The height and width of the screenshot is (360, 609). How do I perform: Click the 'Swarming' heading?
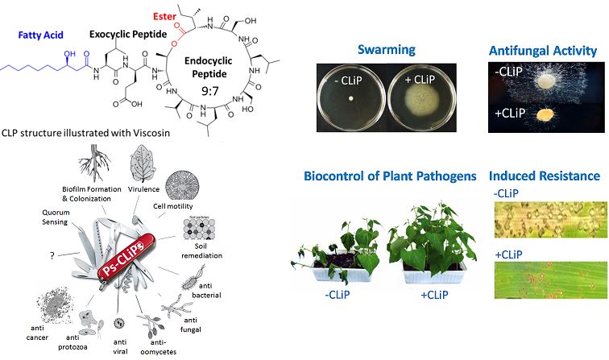click(387, 49)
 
